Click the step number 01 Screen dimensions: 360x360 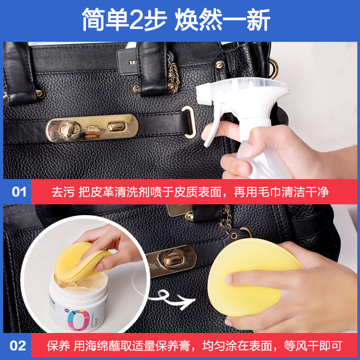click(x=19, y=192)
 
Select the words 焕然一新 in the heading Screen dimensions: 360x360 click(x=223, y=21)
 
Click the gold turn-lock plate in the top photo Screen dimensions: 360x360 click(x=92, y=128)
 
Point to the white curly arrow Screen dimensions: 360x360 click(x=175, y=299)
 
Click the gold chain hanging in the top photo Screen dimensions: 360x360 click(x=173, y=74)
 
